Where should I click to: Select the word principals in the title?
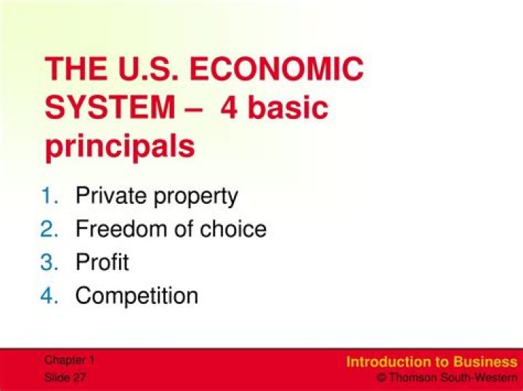[120, 147]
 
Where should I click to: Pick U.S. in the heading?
[149, 71]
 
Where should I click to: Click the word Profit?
[102, 263]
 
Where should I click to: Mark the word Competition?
[137, 297]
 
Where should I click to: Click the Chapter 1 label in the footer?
[69, 360]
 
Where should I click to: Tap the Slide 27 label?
[65, 378]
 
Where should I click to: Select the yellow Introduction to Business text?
[431, 362]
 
